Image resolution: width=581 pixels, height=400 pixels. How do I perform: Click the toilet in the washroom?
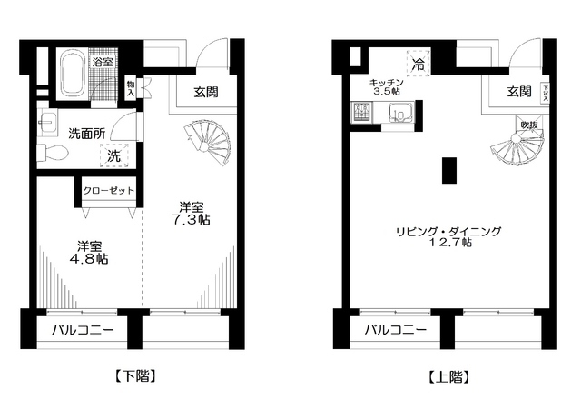click(x=54, y=155)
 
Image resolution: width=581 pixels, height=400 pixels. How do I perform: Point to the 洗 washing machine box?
click(x=115, y=155)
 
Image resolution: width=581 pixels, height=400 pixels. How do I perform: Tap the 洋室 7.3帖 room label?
click(x=192, y=214)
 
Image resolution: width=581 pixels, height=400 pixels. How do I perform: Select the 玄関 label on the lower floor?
click(x=206, y=91)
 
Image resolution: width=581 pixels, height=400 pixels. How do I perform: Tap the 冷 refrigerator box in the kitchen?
click(x=419, y=64)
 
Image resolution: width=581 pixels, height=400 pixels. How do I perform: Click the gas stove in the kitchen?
click(x=357, y=114)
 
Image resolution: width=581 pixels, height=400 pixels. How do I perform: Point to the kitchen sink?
click(x=399, y=114)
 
